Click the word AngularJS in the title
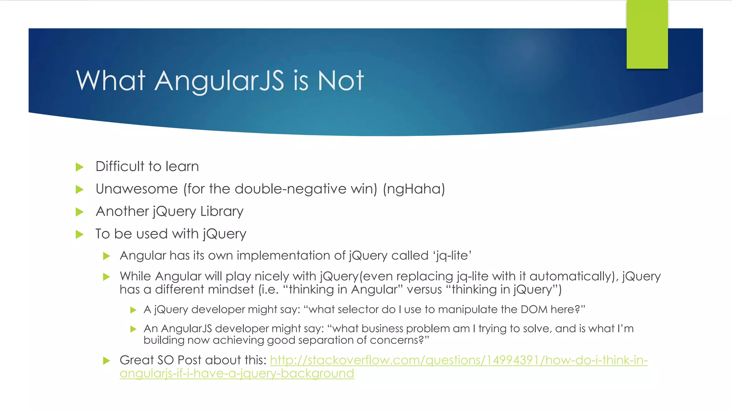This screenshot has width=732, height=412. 219,81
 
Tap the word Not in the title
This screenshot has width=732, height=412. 341,81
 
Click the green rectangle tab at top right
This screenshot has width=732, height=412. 647,34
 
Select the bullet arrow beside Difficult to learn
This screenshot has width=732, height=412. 80,167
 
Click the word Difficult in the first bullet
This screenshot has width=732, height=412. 120,167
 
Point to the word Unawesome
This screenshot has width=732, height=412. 137,189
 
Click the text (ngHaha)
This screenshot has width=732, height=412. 414,189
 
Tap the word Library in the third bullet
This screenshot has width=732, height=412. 222,212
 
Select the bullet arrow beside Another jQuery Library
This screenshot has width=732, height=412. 80,212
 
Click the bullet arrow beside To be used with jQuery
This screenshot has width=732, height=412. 80,235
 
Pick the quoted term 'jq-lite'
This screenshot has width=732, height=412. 452,256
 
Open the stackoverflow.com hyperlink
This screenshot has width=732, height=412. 459,360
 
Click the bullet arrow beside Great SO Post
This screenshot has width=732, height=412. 106,360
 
